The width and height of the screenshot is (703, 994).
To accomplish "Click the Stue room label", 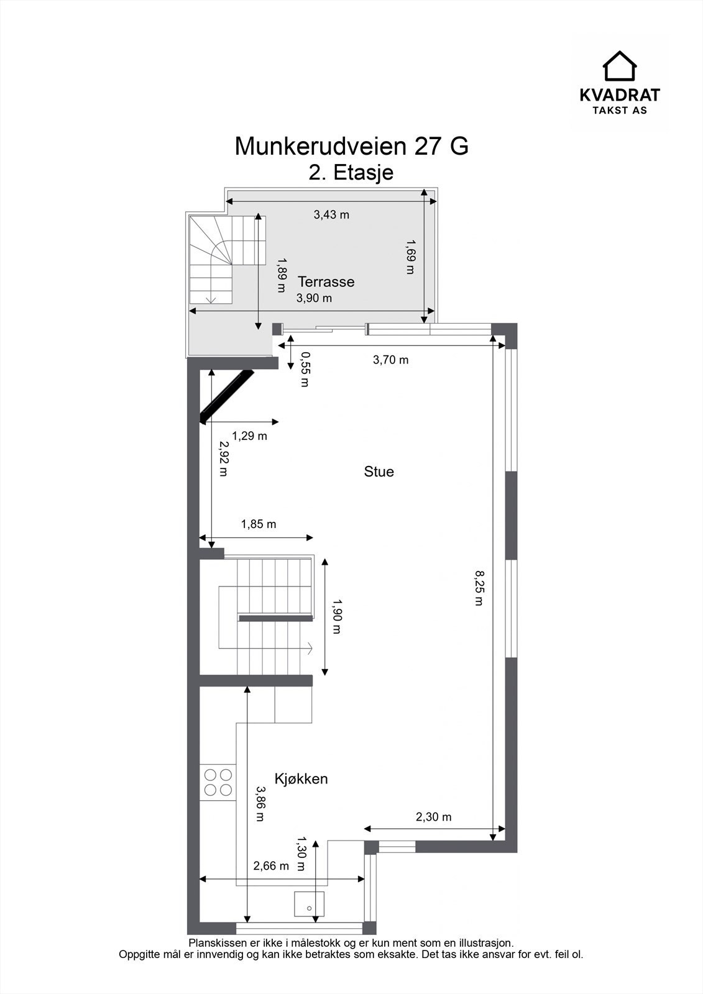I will coord(379,472).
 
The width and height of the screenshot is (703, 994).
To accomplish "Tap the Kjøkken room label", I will coord(301,779).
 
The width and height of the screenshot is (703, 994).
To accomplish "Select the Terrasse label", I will coord(326,281).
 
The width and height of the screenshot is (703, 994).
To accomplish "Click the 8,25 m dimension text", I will coord(479,588).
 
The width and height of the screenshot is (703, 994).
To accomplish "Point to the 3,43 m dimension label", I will coord(331,215).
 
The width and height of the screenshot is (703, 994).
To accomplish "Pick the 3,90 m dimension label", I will coord(314,298).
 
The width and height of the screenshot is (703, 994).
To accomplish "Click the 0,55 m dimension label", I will coord(305,369).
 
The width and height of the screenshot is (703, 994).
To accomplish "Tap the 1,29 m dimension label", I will coord(249,436).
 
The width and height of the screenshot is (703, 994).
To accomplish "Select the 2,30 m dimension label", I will coord(433,817).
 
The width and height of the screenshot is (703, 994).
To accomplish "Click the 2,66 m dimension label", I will coord(271,866).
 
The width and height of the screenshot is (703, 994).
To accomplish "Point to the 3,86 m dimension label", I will coord(260,804).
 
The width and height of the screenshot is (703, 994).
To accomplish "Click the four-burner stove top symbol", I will coord(218,782).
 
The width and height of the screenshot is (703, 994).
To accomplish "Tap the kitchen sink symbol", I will coord(309,904).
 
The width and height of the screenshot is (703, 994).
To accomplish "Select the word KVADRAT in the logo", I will coord(620,95).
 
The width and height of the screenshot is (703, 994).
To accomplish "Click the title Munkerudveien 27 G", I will coord(351,147).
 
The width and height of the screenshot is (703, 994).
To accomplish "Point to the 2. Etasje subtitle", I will coord(351,172).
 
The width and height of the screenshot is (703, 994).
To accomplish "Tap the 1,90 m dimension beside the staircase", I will coord(336,616).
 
